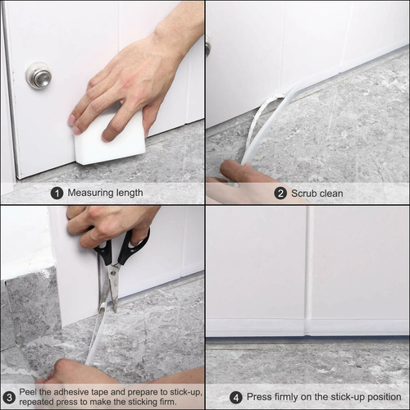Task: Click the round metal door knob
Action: [38, 75]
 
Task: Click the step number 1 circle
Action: [57, 194]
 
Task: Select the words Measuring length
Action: [105, 194]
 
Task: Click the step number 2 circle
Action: [280, 194]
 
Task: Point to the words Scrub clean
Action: [321, 194]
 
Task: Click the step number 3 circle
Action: [9, 397]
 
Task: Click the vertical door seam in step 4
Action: [308, 271]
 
